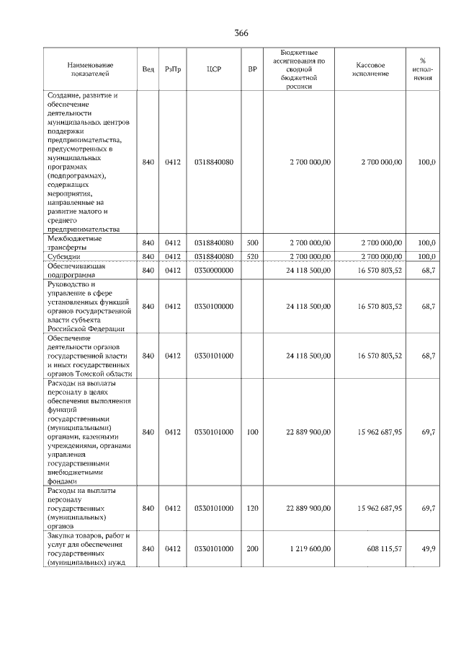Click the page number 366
pyautogui.click(x=241, y=33)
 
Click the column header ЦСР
pyautogui.click(x=213, y=69)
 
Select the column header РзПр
pyautogui.click(x=173, y=69)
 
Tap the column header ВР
pyautogui.click(x=252, y=69)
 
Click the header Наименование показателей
pyautogui.click(x=89, y=69)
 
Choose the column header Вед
pyautogui.click(x=148, y=69)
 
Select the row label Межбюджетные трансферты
pyautogui.click(x=74, y=242)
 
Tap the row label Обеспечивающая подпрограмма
pyautogui.click(x=77, y=270)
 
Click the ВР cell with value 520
pyautogui.click(x=252, y=256)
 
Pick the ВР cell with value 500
pyautogui.click(x=252, y=242)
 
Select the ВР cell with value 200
pyautogui.click(x=252, y=549)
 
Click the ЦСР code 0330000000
pyautogui.click(x=213, y=270)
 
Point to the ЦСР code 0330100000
pyautogui.click(x=213, y=306)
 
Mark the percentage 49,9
pyautogui.click(x=428, y=549)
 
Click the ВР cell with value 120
pyautogui.click(x=252, y=508)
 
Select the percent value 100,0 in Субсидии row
pyautogui.click(x=427, y=256)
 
